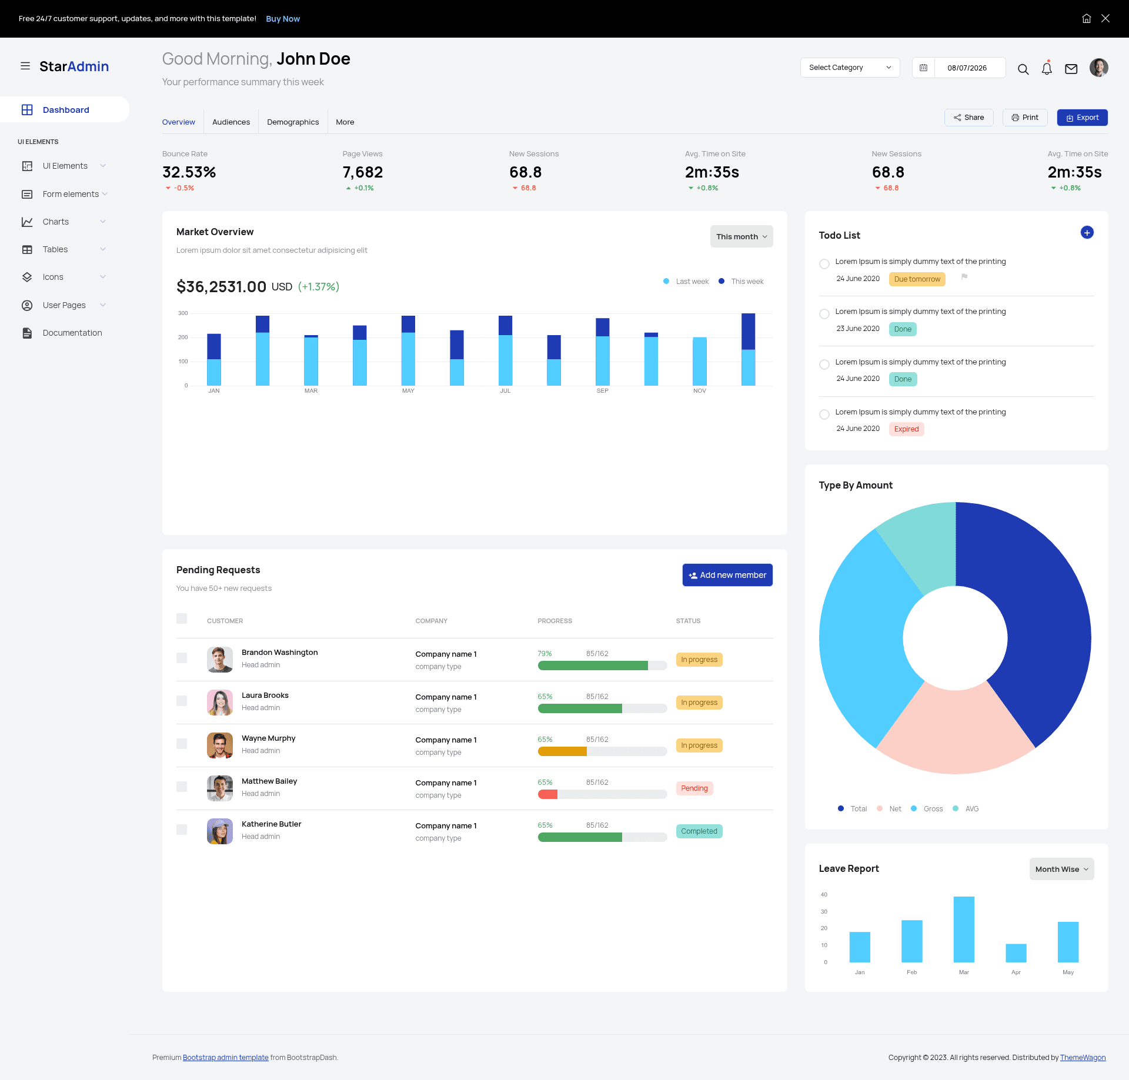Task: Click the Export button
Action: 1082,118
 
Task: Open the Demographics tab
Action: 293,122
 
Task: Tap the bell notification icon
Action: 1047,68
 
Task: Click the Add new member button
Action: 727,575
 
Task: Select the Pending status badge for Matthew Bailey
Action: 694,788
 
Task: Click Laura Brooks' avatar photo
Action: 220,703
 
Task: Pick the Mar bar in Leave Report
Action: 964,929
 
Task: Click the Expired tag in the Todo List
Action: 906,429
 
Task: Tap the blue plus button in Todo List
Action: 1087,233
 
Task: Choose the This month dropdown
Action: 741,236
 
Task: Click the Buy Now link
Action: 283,19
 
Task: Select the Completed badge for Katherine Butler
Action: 699,831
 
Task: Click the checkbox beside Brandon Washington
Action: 182,658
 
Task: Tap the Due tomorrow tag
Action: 917,279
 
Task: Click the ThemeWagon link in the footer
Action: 1083,1057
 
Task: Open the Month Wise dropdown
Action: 1061,869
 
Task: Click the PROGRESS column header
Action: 555,621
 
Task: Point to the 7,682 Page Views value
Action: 363,172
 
